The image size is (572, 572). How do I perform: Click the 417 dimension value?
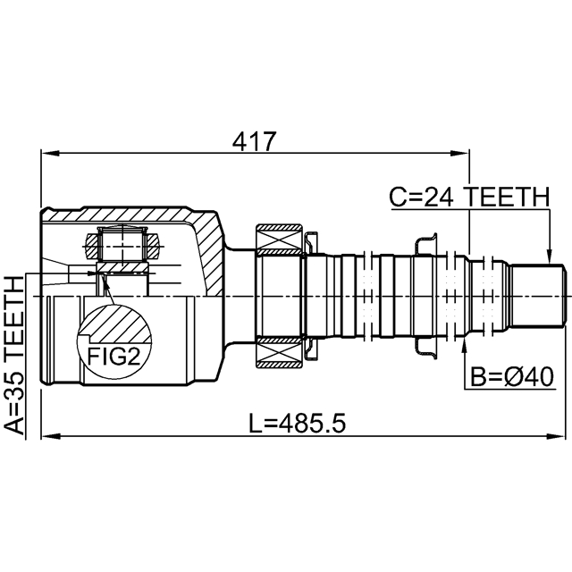tap(254, 140)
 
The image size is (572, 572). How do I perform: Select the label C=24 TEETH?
tap(468, 197)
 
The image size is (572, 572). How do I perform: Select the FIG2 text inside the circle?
tap(114, 357)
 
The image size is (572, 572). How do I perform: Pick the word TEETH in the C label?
tap(509, 197)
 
